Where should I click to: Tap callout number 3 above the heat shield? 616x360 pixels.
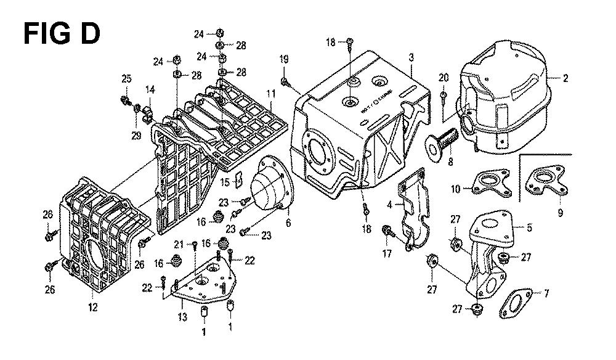pyautogui.click(x=410, y=57)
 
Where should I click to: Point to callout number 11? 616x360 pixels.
pyautogui.click(x=270, y=93)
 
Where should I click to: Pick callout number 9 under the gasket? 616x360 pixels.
pyautogui.click(x=559, y=213)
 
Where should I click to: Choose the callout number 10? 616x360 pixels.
pyautogui.click(x=456, y=189)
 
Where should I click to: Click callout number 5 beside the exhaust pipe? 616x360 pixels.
pyautogui.click(x=528, y=227)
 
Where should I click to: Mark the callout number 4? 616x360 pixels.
pyautogui.click(x=390, y=205)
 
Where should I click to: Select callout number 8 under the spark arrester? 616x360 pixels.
pyautogui.click(x=450, y=163)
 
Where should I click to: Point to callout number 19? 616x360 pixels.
pyautogui.click(x=284, y=59)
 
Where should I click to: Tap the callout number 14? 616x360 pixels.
pyautogui.click(x=150, y=89)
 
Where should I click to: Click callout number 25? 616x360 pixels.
pyautogui.click(x=126, y=78)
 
